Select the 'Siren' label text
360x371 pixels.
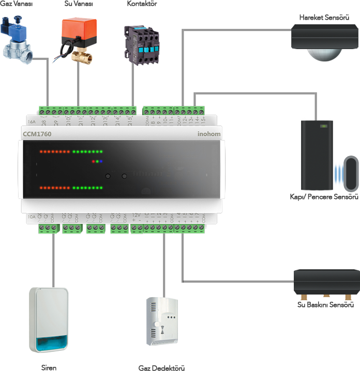(49, 368)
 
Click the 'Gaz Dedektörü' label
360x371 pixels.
(161, 368)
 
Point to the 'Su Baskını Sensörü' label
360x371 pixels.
(325, 305)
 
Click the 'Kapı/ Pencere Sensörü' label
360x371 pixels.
(324, 197)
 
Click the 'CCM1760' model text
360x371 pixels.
(37, 134)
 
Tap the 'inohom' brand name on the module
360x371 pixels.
(209, 134)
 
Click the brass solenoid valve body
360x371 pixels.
(17, 49)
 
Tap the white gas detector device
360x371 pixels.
(162, 321)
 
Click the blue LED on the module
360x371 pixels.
(102, 162)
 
